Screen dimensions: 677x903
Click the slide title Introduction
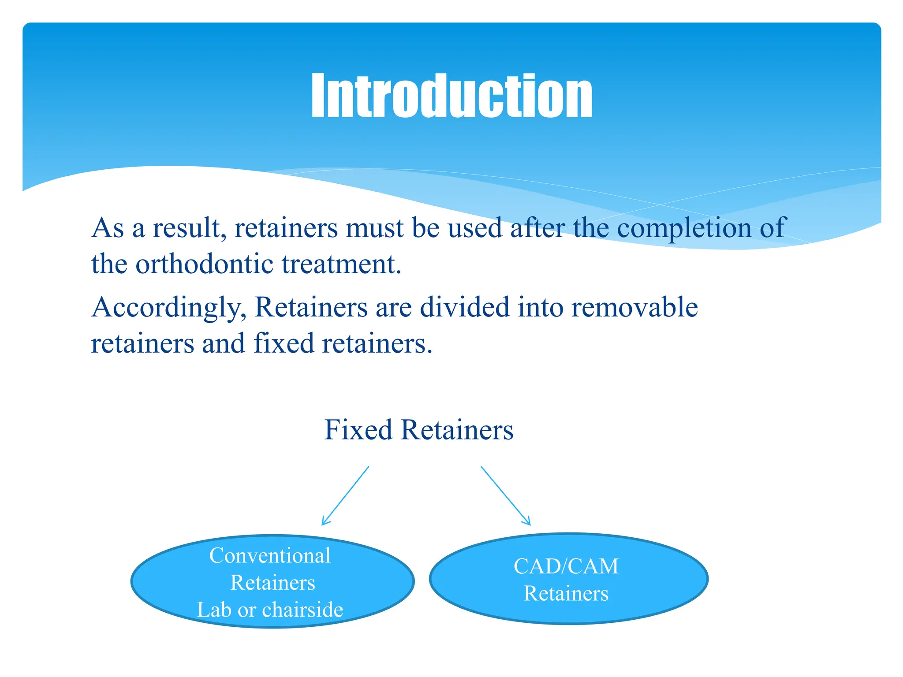coord(451,96)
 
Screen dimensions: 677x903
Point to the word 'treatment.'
coord(342,264)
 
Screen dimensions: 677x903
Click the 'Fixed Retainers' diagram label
coord(419,430)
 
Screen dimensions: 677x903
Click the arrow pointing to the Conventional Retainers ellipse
coord(345,496)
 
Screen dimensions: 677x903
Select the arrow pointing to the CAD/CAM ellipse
coord(505,495)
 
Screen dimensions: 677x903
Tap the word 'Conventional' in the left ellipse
coord(270,555)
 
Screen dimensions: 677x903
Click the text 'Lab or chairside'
coord(270,610)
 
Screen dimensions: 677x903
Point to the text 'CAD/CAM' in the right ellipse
coord(566,566)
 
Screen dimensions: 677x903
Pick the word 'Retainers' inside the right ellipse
coord(566,593)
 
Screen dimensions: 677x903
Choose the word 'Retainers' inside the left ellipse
coord(272,583)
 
